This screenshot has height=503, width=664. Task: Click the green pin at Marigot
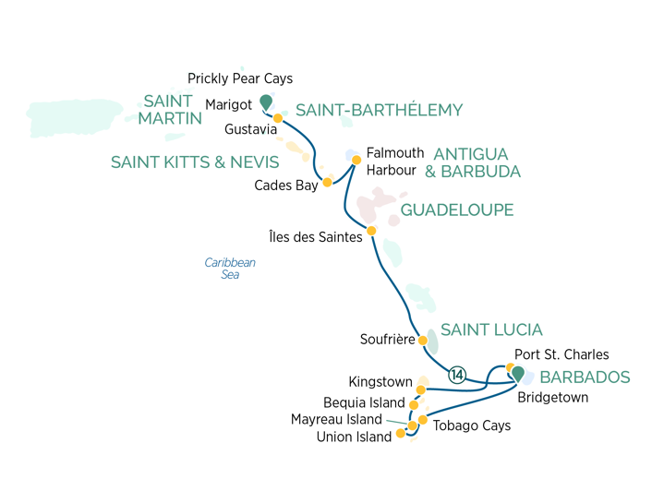[x=266, y=102]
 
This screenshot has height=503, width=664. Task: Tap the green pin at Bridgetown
[x=518, y=374]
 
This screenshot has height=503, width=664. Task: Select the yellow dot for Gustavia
[x=277, y=118]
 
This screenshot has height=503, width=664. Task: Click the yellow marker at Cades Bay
[x=326, y=183]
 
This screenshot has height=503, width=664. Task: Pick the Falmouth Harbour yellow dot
[x=356, y=160]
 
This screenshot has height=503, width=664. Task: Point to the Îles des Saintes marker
[x=371, y=231]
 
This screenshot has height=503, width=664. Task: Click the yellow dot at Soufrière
[x=423, y=341]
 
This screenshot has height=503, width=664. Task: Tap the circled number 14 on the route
[x=455, y=374]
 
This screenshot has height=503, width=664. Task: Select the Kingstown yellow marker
[x=420, y=389]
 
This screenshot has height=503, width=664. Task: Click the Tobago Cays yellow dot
[x=423, y=420]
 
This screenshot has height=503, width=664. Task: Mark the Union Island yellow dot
[x=400, y=433]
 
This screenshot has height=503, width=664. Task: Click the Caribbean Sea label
[x=230, y=269]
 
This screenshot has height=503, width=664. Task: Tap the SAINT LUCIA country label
[x=491, y=329]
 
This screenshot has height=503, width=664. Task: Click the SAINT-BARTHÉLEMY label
[x=379, y=110]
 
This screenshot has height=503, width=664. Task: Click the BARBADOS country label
[x=585, y=377]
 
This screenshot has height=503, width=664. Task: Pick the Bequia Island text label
[x=364, y=403]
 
